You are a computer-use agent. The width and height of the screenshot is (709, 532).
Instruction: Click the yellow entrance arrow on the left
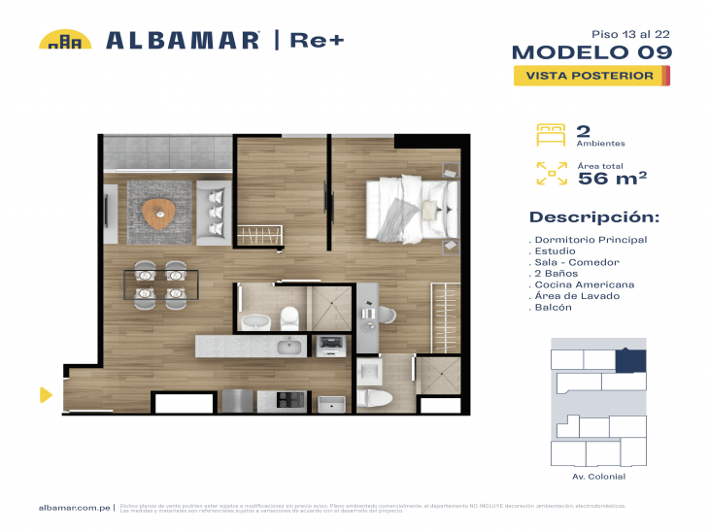pos(45,394)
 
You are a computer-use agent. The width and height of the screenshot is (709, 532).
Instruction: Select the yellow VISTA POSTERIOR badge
pos(591,75)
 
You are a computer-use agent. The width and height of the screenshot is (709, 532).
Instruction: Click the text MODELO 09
pos(590,51)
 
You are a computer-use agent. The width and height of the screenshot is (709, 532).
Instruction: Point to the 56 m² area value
pos(612,177)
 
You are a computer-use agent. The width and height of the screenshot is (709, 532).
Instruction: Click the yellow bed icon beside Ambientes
pos(551,134)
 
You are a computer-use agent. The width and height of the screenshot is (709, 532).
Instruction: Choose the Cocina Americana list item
pos(585,284)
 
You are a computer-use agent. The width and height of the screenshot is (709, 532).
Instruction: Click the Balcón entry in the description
pos(554,307)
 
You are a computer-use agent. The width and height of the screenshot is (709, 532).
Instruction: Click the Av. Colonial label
pos(599,477)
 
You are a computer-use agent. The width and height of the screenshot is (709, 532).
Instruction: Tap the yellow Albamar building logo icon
pos(65,40)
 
